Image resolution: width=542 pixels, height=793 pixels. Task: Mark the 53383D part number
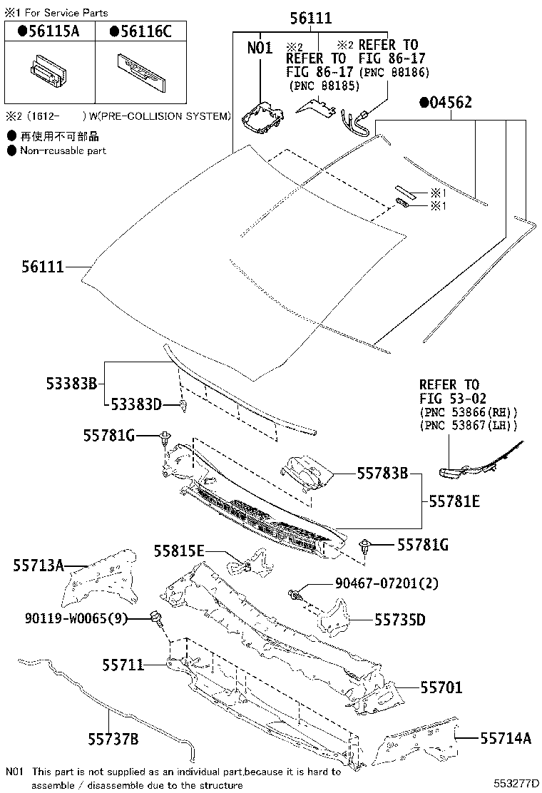tap(135, 405)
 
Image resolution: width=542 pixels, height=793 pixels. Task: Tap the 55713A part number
tap(39, 566)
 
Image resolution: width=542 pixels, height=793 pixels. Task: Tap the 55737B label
tap(113, 738)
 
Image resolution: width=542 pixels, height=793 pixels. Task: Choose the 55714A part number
tap(505, 738)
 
